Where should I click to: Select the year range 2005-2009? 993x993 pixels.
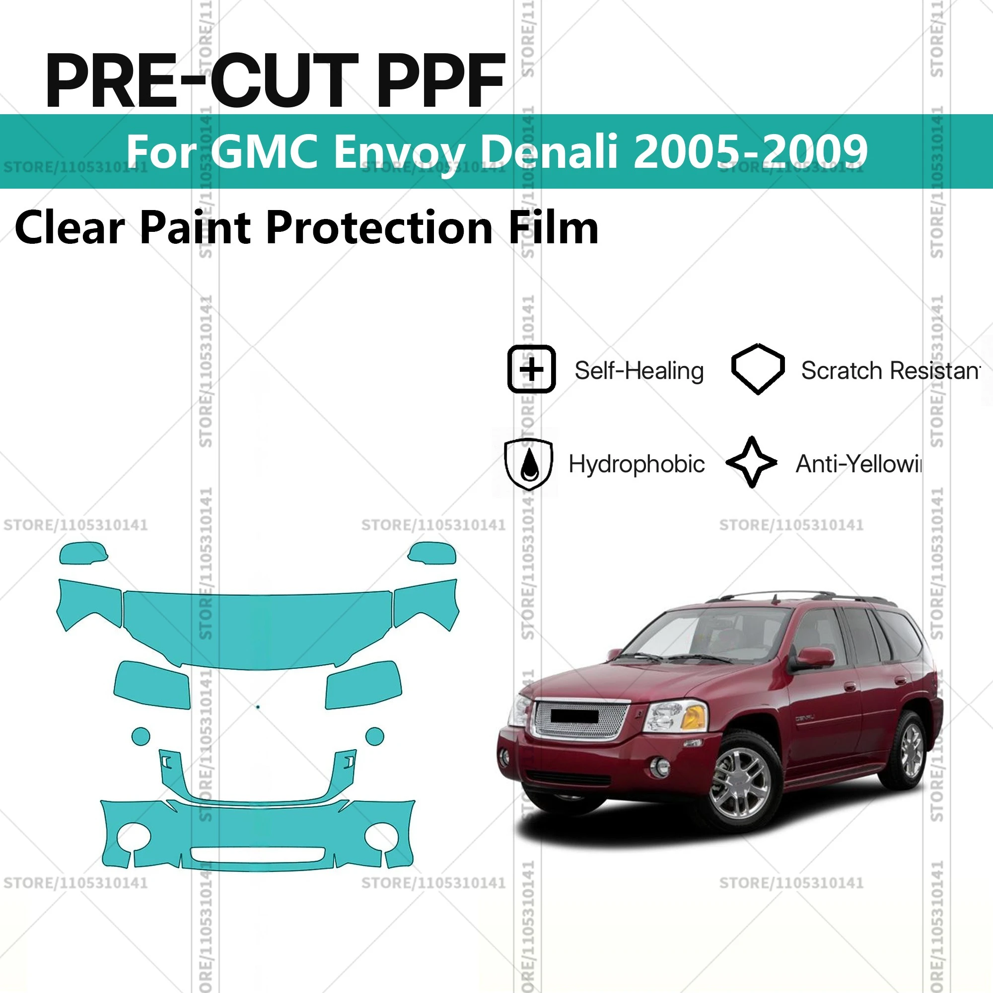tap(750, 151)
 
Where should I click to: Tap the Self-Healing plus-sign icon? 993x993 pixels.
tap(531, 369)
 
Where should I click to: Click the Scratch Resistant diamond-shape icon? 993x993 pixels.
tap(758, 368)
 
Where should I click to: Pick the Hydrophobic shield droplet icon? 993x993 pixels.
tap(529, 464)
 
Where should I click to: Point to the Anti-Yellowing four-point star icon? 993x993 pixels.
tap(752, 463)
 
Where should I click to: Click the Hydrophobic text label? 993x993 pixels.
tap(637, 464)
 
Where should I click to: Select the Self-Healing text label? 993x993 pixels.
tap(639, 370)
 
